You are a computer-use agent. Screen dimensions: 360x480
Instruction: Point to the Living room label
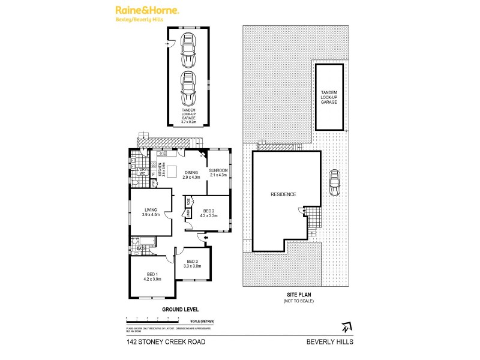tap(142, 212)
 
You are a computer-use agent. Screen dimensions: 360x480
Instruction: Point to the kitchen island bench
tap(171, 169)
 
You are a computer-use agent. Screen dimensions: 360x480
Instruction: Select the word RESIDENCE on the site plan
tap(283, 195)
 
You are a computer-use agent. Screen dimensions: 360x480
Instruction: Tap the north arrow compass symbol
tap(343, 328)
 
